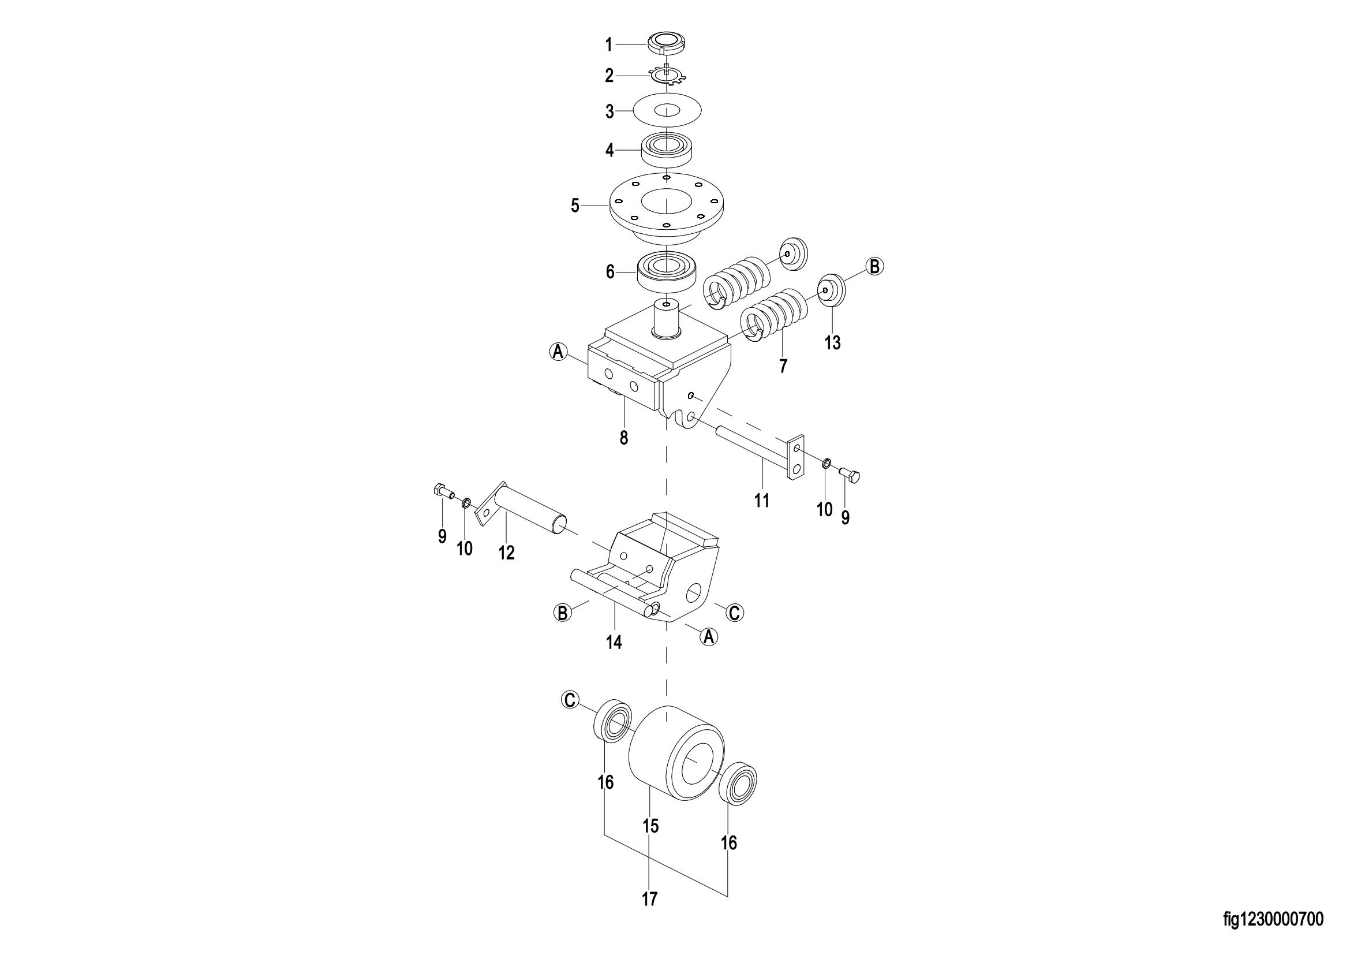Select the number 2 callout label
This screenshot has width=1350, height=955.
[x=609, y=76]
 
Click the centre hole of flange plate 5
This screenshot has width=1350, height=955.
[x=667, y=203]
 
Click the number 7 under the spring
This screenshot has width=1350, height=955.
[x=783, y=365]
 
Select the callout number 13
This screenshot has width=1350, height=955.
[x=833, y=342]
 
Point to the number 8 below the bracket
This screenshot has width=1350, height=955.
[x=624, y=438]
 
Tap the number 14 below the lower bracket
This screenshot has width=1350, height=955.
[x=614, y=643]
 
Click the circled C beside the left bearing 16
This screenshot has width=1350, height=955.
[x=569, y=699]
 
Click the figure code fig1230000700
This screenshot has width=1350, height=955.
[x=1273, y=919]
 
